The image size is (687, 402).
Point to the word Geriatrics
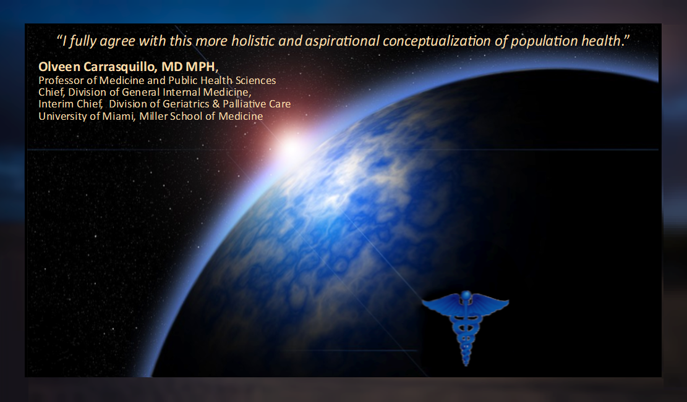click(x=186, y=104)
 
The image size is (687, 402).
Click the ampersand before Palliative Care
click(x=216, y=104)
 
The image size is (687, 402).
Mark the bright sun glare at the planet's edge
click(x=291, y=149)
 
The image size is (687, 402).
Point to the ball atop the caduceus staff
click(x=466, y=295)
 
